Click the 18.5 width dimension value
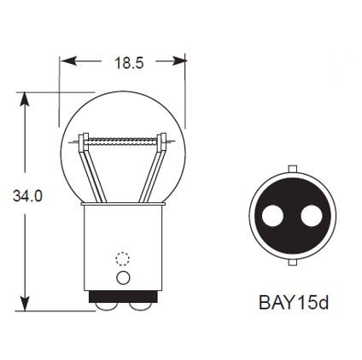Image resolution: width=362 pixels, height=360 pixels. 123,62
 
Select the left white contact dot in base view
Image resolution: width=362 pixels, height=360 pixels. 272,217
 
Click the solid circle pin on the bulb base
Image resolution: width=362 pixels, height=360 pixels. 122,278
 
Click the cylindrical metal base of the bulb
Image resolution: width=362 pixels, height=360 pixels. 122,247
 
